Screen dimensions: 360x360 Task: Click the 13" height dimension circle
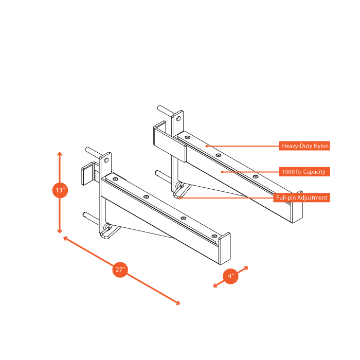60,190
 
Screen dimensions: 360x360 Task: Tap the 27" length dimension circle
120,269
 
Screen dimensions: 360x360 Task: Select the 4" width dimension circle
231,276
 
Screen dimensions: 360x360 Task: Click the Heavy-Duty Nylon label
304,146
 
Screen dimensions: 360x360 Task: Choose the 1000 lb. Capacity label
303,171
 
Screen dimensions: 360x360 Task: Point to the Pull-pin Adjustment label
301,197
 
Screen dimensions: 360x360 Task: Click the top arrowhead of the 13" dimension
60,154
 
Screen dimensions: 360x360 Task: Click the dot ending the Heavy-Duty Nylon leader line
207,146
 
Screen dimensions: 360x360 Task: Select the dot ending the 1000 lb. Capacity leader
222,171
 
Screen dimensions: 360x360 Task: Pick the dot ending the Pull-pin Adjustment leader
179,197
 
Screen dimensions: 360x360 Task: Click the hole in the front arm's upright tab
106,160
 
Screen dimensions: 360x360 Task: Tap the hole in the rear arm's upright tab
178,118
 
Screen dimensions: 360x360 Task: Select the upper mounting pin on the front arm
89,150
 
